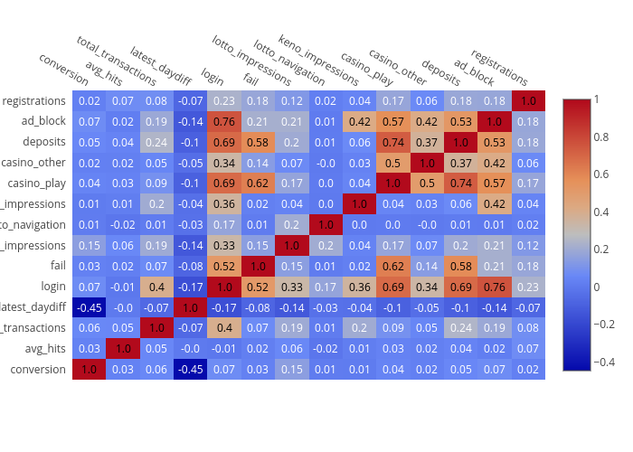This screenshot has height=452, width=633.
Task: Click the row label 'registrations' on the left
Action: [33, 100]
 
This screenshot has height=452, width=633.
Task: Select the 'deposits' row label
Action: [43, 141]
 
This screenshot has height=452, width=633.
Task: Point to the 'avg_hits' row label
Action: [44, 348]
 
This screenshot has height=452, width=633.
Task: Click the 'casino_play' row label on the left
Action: [36, 183]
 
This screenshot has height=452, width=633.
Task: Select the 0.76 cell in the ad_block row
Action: [224, 121]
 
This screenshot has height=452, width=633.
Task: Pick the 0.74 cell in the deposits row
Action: [393, 142]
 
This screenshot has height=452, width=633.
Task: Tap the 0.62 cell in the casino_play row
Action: [258, 183]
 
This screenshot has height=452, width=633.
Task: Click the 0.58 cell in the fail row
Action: [461, 266]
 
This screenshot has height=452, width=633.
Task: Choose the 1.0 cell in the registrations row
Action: [528, 100]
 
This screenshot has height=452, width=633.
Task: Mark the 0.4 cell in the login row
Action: [156, 287]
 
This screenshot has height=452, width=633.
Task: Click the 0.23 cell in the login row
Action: [528, 287]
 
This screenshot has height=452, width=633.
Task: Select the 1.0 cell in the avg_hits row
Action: [123, 348]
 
